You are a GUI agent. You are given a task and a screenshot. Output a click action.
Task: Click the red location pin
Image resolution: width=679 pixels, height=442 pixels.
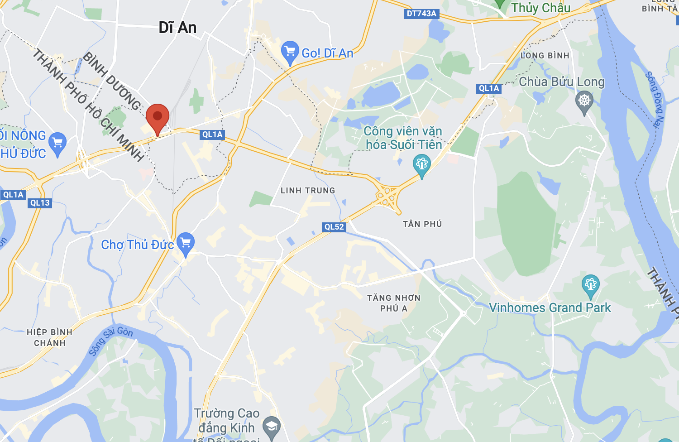click(x=158, y=117)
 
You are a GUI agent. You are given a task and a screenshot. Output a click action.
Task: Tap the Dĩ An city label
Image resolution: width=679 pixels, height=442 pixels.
click(x=177, y=28)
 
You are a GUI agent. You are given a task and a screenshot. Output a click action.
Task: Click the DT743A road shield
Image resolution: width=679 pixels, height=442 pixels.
click(x=421, y=14)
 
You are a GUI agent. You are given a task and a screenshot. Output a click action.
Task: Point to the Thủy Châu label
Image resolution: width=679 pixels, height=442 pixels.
click(x=540, y=8)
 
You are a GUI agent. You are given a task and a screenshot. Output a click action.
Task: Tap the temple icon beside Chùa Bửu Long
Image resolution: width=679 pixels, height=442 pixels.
click(x=584, y=101)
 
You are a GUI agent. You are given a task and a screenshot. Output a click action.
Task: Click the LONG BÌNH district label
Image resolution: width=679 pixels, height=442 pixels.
click(x=545, y=56)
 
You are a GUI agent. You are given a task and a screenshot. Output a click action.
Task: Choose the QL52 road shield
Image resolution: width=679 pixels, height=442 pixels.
click(x=334, y=227)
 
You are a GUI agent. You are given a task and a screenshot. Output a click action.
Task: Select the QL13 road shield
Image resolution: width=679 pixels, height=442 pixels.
click(x=40, y=203)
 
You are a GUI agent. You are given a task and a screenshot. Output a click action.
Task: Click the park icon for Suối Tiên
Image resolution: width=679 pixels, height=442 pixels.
click(x=421, y=164)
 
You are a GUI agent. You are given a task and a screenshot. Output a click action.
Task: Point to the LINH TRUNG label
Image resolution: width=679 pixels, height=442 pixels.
click(x=308, y=191)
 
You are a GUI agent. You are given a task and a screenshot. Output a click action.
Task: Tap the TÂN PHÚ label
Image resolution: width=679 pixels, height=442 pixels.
click(x=422, y=224)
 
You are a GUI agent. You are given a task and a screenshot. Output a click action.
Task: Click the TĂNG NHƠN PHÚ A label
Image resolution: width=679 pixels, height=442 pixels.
click(x=394, y=303)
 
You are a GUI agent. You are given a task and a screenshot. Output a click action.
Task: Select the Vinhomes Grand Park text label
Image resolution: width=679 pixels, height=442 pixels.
click(x=550, y=308)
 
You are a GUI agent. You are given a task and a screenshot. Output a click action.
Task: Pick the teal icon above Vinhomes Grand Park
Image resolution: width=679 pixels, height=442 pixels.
click(x=590, y=285)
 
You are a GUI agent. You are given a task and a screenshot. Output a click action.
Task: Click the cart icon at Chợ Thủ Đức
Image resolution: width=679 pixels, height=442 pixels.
click(x=186, y=243)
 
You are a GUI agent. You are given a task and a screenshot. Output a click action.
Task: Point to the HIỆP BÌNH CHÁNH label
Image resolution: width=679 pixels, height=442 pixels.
click(x=49, y=338)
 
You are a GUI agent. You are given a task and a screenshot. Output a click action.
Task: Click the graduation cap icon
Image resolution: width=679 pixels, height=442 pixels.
click(x=272, y=426)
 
